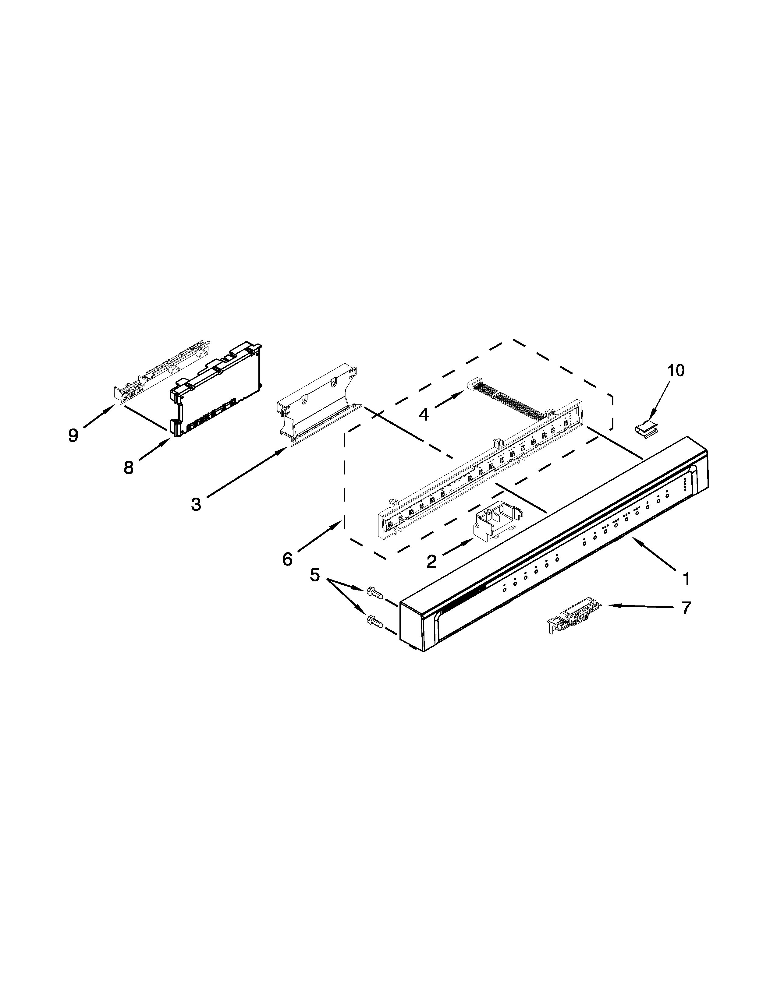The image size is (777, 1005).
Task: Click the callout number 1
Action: (x=686, y=578)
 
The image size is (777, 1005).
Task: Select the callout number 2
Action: (x=431, y=561)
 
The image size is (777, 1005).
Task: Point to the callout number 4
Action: (x=424, y=414)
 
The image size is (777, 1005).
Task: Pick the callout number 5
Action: (x=315, y=575)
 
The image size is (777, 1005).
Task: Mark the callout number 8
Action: (x=128, y=467)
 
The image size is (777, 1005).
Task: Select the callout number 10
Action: (x=676, y=370)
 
